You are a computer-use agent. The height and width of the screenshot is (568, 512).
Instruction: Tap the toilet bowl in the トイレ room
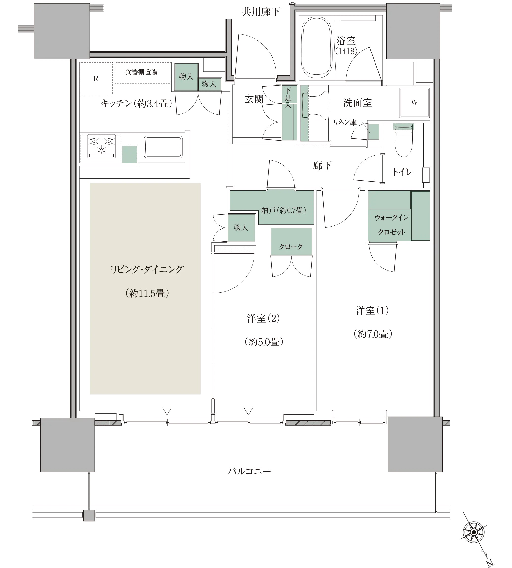point(403,141)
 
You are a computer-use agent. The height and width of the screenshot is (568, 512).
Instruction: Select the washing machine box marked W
point(415,103)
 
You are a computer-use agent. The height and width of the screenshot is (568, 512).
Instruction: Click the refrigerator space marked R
point(96,79)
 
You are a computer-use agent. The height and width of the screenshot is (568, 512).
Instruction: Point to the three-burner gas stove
point(102,146)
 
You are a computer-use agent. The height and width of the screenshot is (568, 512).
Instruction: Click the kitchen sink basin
point(163,147)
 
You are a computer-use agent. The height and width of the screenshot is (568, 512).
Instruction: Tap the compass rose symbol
point(474,532)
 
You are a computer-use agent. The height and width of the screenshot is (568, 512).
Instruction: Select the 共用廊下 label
point(261,12)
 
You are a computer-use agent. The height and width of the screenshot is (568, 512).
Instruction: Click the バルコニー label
point(249,471)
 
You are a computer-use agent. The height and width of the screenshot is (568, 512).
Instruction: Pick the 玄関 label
point(254,99)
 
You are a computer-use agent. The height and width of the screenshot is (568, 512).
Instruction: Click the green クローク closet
point(291,241)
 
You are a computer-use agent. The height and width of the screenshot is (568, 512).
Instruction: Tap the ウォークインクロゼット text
point(392,224)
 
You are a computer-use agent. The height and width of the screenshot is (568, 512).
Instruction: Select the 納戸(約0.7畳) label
point(283,210)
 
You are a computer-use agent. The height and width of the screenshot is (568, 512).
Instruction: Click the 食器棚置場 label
point(141,72)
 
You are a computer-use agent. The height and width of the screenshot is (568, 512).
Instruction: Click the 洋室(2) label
point(264,318)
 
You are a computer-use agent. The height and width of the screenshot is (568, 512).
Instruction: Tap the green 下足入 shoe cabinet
point(290,113)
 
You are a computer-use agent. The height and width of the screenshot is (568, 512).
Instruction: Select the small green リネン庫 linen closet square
point(374,132)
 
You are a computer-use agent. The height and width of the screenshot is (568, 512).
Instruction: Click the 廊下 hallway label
point(322,165)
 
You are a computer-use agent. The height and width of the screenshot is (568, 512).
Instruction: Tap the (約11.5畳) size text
point(147,293)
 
